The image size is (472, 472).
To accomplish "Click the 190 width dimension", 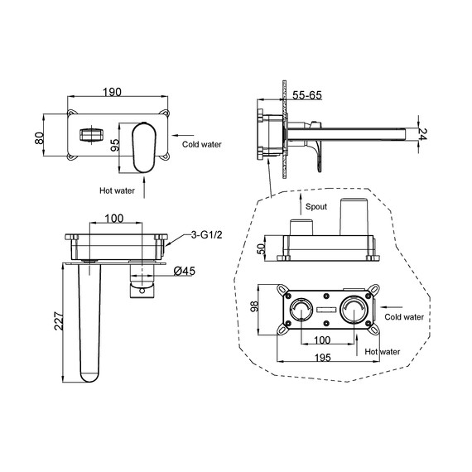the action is point(113,92).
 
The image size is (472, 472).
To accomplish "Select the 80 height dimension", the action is point(40,138).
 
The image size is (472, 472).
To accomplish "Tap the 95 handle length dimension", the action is point(115,145).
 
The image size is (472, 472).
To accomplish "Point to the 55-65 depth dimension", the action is point(307,95).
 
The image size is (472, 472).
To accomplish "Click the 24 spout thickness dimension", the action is point(422,134).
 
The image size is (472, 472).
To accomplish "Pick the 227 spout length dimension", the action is point(59,321).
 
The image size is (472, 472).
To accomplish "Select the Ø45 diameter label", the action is point(185,272).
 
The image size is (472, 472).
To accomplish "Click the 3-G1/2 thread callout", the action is point(206,234).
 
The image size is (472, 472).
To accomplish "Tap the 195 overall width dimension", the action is point(323,358).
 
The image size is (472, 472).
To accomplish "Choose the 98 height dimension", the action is point(255,306).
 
